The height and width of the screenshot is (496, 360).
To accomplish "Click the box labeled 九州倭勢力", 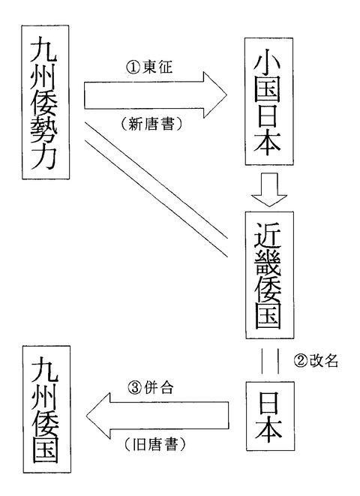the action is click(46, 102).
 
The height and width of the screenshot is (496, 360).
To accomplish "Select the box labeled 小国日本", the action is click(269, 101).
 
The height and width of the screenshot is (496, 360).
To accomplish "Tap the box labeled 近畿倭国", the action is click(269, 275).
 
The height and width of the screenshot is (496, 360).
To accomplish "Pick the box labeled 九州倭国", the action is click(46, 409).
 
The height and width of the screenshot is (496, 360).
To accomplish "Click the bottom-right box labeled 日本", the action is click(270, 416).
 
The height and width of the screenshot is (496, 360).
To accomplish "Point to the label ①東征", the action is click(149, 67).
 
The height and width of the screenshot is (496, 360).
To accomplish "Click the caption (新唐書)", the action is click(151, 124).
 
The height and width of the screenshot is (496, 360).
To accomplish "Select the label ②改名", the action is click(316, 361).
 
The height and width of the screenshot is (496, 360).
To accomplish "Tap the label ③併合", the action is click(151, 387).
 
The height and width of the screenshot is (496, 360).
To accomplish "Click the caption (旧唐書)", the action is click(154, 444).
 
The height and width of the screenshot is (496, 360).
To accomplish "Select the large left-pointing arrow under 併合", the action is click(157, 416).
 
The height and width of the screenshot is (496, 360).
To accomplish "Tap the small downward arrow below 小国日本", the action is click(269, 189).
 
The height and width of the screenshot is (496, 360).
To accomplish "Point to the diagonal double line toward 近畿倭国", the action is click(156, 189).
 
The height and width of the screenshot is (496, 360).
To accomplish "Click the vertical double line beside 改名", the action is click(270, 361).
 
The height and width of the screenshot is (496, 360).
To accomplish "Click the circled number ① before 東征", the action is click(133, 67).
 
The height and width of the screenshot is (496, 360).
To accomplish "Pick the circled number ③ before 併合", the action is click(135, 387).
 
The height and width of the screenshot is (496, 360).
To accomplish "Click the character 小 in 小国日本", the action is click(268, 61).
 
